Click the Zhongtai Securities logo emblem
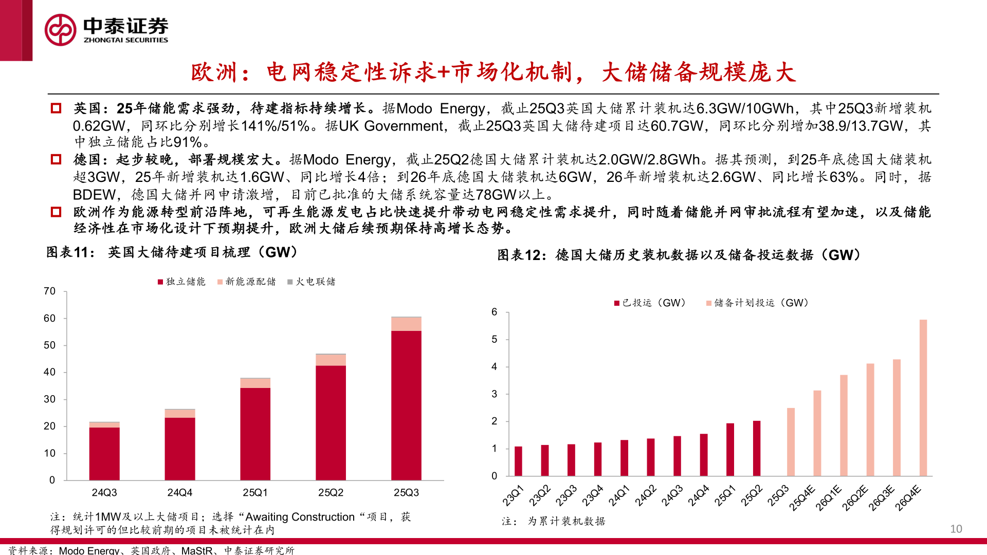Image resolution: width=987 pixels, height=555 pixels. [x=61, y=30]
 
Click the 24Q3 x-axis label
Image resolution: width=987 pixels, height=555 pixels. [x=104, y=492]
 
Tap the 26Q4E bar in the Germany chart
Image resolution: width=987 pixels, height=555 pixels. [x=923, y=398]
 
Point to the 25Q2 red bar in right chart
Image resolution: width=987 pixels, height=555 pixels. [x=756, y=449]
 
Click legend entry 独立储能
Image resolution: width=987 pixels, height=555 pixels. [x=181, y=282]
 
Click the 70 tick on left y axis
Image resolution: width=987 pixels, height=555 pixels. [x=49, y=291]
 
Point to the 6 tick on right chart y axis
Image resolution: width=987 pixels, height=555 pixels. [x=494, y=312]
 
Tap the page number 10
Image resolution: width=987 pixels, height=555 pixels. [x=956, y=529]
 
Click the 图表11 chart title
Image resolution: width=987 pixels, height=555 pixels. [x=172, y=252]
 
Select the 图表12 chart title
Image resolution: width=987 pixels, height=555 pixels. [x=679, y=255]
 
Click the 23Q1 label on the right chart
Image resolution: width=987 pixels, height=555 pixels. [x=513, y=495]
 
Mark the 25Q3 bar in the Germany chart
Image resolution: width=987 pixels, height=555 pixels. [x=791, y=442]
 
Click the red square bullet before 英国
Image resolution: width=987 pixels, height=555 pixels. [x=56, y=108]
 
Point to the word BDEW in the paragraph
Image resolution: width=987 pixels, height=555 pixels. [x=94, y=195]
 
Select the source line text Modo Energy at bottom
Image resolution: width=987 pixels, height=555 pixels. [x=89, y=550]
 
